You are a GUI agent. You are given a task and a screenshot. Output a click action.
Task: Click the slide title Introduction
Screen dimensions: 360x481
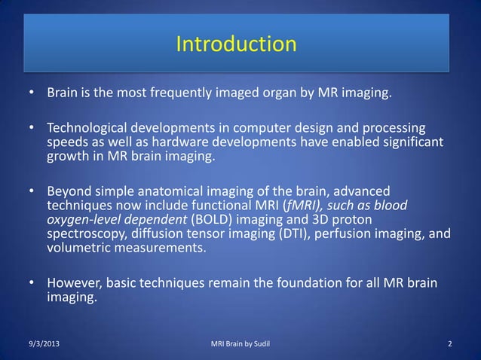[x=236, y=44]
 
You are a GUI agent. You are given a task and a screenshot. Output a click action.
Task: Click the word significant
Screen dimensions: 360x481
[x=406, y=142]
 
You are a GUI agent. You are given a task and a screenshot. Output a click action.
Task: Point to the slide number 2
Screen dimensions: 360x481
[x=449, y=345]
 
